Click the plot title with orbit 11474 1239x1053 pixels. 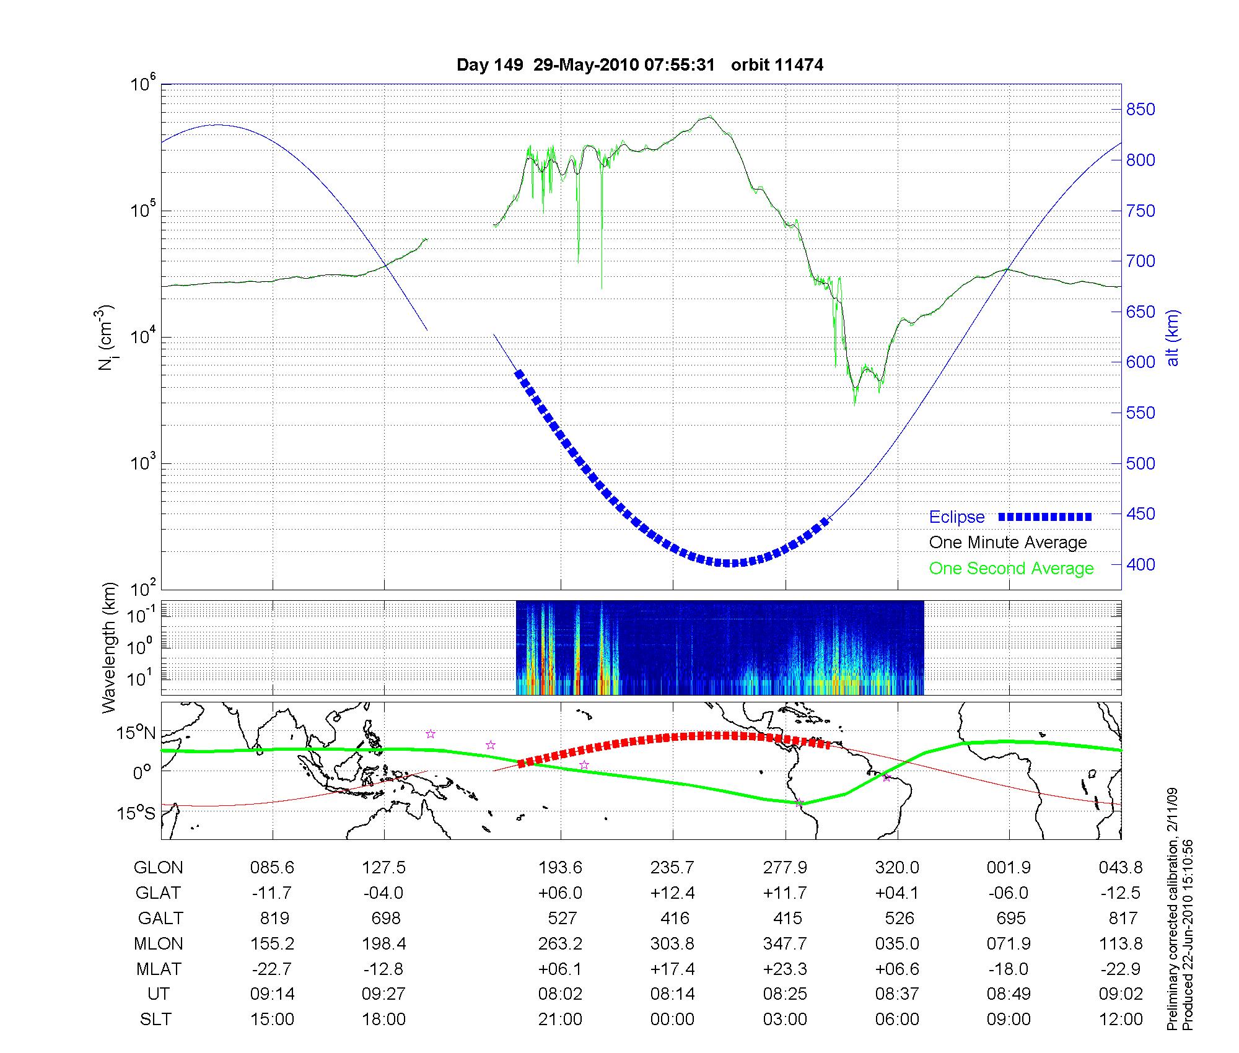[639, 65]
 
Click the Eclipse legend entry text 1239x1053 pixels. [957, 517]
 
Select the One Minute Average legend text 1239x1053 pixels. [1008, 543]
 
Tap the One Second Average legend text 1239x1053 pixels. [1011, 569]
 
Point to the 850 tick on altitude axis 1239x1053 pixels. [1140, 110]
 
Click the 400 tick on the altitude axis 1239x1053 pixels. [1140, 564]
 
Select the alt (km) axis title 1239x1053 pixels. [1172, 338]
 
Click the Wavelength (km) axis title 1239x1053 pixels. [109, 648]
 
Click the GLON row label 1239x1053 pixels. [158, 868]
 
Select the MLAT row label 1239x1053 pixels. [158, 969]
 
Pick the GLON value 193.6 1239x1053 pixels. [560, 868]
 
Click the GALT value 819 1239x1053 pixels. [273, 918]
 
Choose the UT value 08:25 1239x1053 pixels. [785, 994]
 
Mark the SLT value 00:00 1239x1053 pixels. [672, 1020]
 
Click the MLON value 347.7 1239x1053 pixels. [785, 944]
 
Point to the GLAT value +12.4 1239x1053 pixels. [672, 893]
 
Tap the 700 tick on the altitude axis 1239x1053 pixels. [1140, 261]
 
